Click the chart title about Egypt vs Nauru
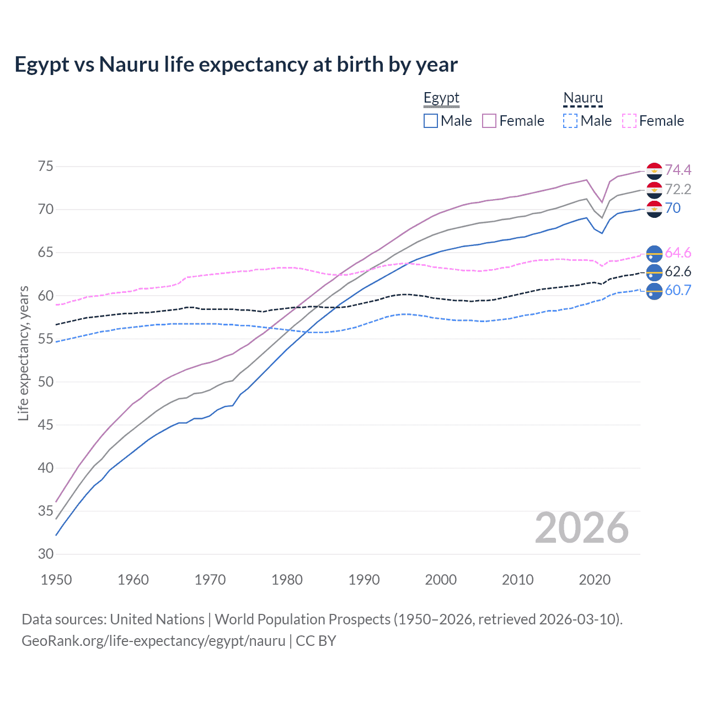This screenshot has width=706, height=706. pos(236,65)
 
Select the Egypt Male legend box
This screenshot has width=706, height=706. pos(431,121)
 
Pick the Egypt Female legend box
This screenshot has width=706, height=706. pos(489,121)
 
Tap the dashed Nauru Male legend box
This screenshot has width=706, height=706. pos(570,121)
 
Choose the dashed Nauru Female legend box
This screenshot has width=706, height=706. pos(629,121)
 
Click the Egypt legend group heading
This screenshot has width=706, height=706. pos(441,98)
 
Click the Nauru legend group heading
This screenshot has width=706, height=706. pos(582,98)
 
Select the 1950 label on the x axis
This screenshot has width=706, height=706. pos(56,580)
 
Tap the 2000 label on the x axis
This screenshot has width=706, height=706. pos(441,580)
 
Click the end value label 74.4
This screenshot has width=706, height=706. pos(678,170)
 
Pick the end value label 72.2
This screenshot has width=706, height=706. pos(678,189)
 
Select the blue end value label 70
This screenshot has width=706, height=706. pos(673,208)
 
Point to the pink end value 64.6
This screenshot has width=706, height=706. pos(678,253)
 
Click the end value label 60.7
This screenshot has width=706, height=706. pos(678,290)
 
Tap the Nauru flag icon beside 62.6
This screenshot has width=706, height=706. pos(654,271)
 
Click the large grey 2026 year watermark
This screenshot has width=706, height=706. pos(581,528)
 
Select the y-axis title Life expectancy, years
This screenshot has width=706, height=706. pos(23,353)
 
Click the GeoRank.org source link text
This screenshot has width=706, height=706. pos(153,641)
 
